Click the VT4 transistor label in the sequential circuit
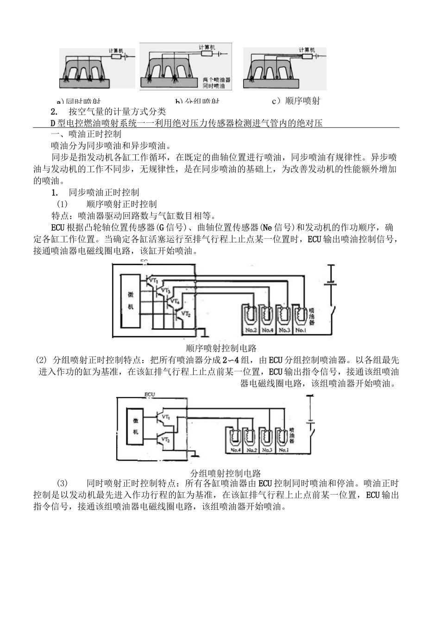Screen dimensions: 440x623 click(175, 302)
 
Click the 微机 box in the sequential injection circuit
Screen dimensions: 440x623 click(131, 300)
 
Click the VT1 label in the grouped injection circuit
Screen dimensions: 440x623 click(165, 416)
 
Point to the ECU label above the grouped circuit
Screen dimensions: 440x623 click(150, 394)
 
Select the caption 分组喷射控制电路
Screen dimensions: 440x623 click(226, 473)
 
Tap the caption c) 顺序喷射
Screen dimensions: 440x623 click(296, 101)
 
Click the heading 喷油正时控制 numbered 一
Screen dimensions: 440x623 click(87, 134)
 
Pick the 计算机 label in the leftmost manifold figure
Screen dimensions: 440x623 click(116, 50)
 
